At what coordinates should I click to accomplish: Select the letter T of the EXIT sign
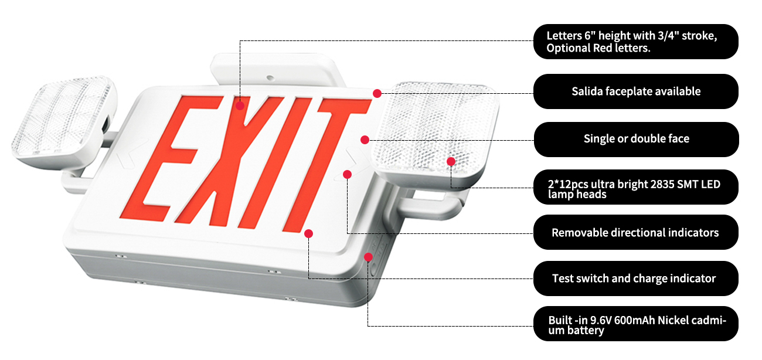click(326, 164)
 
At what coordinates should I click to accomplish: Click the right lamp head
click(435, 133)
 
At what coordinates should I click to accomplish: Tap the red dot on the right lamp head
click(451, 161)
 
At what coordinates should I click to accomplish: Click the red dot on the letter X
click(240, 106)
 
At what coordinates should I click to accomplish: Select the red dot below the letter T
click(308, 233)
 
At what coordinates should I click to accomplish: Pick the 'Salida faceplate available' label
click(636, 91)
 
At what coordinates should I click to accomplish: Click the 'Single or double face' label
click(636, 139)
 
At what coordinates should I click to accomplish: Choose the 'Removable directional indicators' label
click(636, 232)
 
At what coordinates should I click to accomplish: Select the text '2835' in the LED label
click(662, 185)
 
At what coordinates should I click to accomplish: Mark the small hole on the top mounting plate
click(270, 78)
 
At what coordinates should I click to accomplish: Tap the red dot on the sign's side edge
click(368, 257)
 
